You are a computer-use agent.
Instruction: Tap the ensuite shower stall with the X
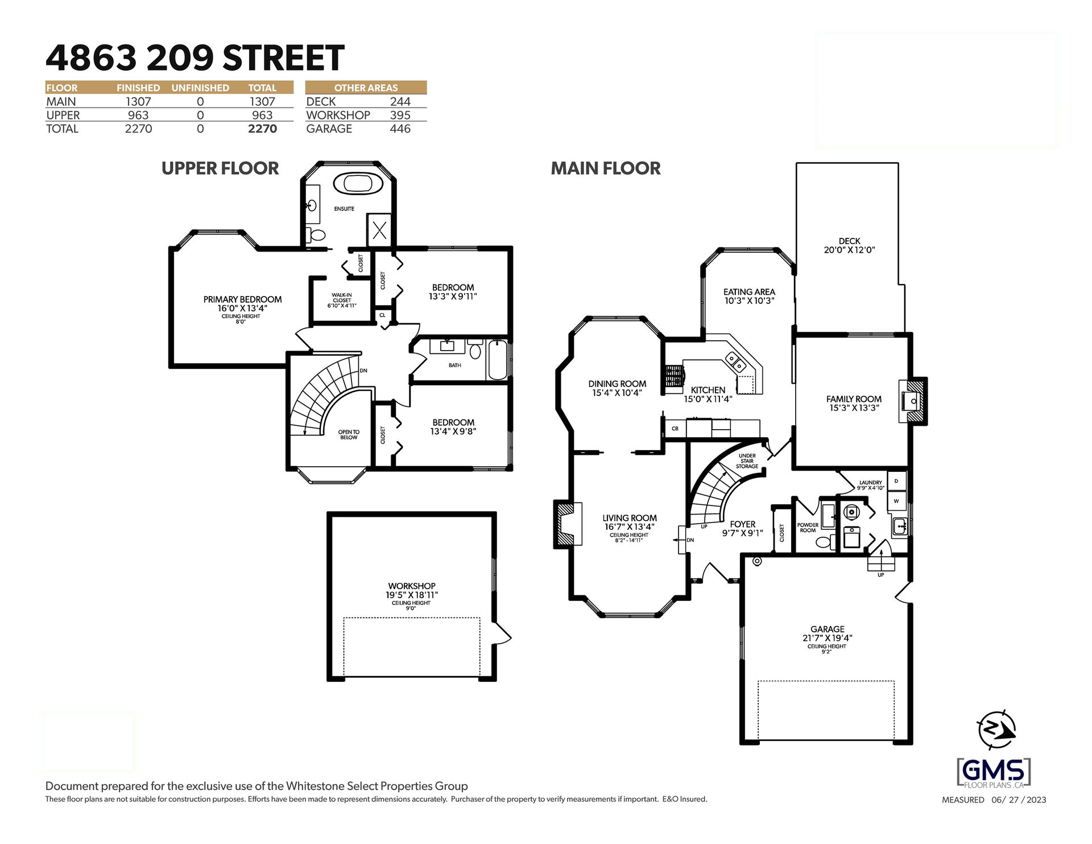[379, 230]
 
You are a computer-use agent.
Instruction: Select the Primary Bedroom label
[242, 299]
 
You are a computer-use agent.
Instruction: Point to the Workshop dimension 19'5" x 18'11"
[412, 595]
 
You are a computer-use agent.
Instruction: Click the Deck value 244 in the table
[400, 101]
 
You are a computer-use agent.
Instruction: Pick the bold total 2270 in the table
[262, 129]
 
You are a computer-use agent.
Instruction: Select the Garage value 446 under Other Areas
[400, 129]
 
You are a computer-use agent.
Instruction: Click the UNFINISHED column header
[200, 88]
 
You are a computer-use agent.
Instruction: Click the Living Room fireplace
[568, 524]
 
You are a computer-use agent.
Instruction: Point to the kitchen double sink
[735, 361]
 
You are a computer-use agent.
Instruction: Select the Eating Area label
[749, 292]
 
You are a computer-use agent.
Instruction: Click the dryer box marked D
[896, 481]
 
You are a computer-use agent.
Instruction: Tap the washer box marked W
[896, 501]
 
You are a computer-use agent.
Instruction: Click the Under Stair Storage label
[747, 461]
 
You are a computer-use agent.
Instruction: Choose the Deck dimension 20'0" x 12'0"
[849, 250]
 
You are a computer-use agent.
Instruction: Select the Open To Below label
[349, 435]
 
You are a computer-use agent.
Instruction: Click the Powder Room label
[808, 528]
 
